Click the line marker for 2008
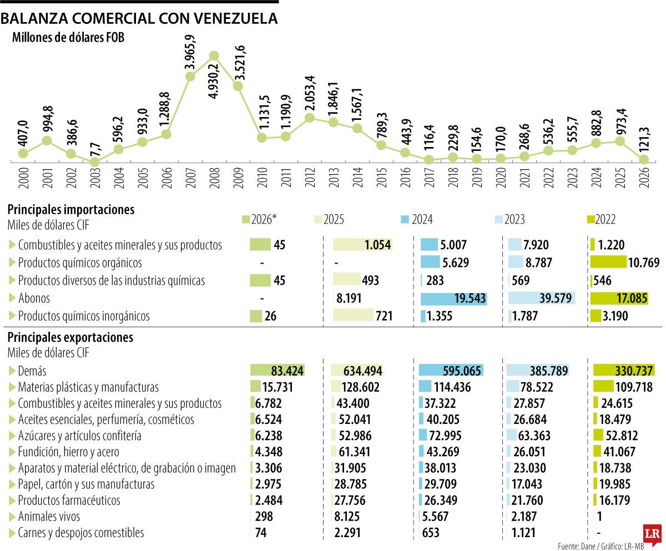click(214, 55)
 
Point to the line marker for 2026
click(644, 159)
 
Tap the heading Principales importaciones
click(70, 210)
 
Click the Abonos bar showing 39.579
click(541, 298)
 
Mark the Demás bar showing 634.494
click(356, 370)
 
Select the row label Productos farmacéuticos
click(69, 500)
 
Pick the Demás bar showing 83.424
click(277, 370)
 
